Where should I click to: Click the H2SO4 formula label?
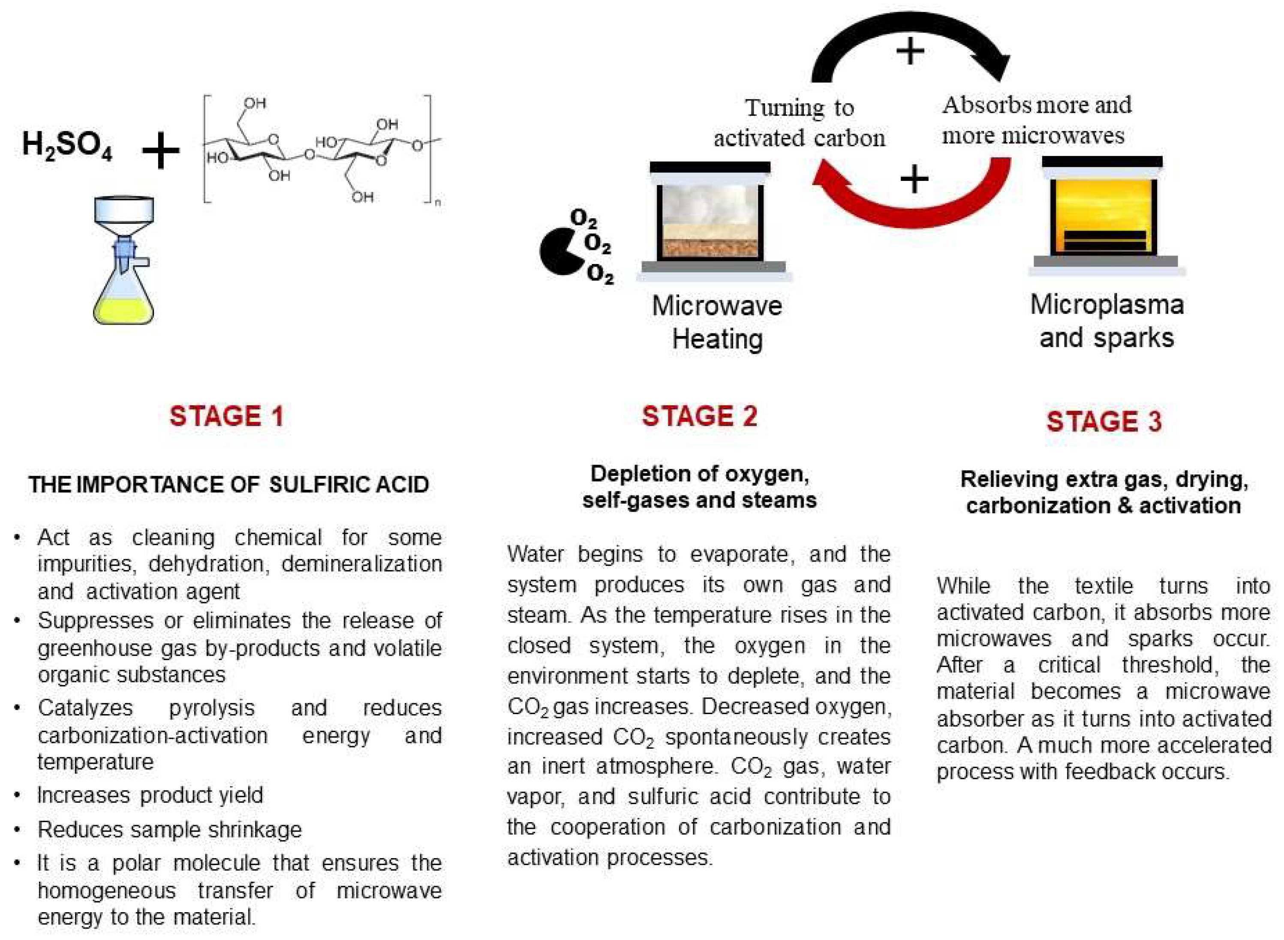67,146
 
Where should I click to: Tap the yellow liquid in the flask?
123,310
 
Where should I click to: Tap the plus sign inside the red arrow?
914,180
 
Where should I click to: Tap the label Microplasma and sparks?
1107,321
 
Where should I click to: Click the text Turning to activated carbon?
799,122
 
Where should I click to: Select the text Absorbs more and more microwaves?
1036,120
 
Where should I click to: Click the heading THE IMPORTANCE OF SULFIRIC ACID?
229,485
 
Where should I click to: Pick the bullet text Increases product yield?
150,795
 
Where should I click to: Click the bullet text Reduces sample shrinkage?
170,829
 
